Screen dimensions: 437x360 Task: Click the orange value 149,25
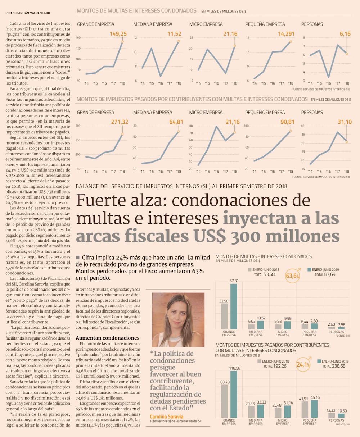pos(118,34)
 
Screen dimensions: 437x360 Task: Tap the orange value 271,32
pos(120,122)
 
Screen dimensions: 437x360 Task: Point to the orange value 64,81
pos(176,122)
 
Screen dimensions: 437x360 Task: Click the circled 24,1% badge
pos(303,365)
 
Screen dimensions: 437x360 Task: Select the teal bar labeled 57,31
pos(234,306)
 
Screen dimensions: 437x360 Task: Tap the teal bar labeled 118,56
pos(234,394)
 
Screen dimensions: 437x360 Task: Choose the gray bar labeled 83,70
pos(224,401)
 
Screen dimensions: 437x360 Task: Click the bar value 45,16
pos(314,397)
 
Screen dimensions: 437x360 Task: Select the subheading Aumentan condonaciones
pos(102,338)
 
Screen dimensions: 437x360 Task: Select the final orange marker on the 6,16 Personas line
pos(346,54)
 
